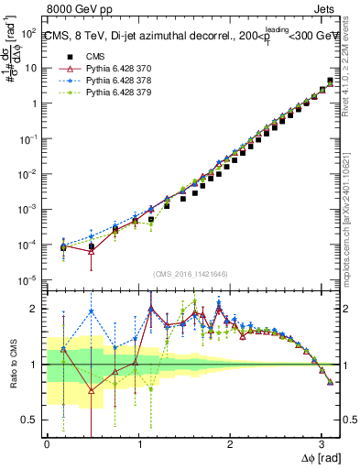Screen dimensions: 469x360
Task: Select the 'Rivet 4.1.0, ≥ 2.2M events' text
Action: point(352,69)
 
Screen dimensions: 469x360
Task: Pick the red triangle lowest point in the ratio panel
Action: point(91,390)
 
